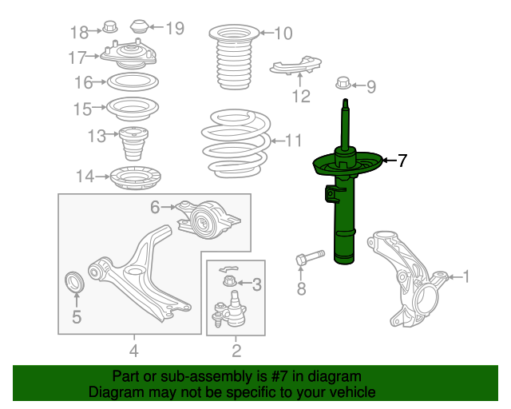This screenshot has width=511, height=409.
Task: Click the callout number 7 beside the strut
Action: point(402,161)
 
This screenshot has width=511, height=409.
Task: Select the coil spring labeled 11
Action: point(236,144)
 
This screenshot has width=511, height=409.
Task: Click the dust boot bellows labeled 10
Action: point(234,58)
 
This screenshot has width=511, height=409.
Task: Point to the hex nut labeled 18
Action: point(110,27)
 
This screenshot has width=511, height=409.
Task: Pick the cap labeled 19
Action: point(140,26)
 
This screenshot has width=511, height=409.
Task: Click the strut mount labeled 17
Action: point(129,54)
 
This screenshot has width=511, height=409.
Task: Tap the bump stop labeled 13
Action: point(133,144)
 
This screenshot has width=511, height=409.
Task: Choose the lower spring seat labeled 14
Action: point(135,178)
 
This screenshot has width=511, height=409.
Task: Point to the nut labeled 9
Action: point(343,83)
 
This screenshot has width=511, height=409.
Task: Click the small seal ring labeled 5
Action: point(74,282)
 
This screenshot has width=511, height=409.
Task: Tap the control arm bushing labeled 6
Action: point(208,219)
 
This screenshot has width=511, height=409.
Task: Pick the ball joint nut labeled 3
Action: point(230,281)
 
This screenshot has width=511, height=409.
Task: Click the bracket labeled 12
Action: point(295,66)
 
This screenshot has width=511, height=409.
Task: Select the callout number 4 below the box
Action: point(134,351)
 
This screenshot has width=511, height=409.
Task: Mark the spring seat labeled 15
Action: point(133,109)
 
